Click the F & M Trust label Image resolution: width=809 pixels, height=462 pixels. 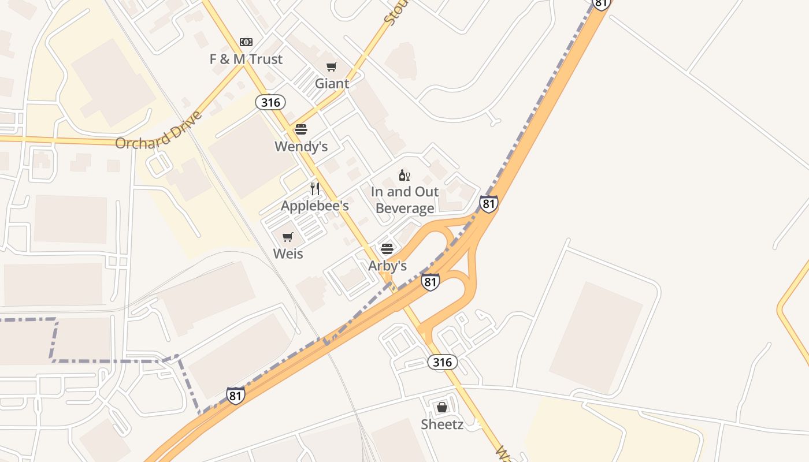click(246, 59)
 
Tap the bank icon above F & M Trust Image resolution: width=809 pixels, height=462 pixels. click(246, 42)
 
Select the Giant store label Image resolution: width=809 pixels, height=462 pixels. click(332, 83)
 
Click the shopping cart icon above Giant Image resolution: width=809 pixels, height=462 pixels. click(332, 67)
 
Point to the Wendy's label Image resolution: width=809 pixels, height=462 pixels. click(301, 146)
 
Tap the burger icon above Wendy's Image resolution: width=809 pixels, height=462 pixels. click(301, 129)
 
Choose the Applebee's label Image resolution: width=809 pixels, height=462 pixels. click(315, 206)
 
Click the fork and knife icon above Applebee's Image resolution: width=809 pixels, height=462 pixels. click(315, 189)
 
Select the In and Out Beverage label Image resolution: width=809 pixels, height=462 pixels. click(404, 200)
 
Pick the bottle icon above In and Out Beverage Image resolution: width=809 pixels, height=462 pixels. click(404, 175)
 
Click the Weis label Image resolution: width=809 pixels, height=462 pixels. click(288, 254)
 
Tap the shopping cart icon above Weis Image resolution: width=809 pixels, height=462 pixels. click(288, 237)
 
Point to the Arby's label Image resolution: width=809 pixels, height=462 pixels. click(388, 266)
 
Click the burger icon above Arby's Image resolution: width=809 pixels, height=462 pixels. click(387, 249)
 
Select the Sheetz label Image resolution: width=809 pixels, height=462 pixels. click(442, 424)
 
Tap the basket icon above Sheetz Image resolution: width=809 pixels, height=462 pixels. click(442, 407)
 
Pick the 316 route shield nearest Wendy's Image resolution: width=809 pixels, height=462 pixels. click(270, 103)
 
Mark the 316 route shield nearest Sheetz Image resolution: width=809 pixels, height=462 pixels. click(443, 362)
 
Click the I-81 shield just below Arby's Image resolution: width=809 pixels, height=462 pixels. click(430, 282)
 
